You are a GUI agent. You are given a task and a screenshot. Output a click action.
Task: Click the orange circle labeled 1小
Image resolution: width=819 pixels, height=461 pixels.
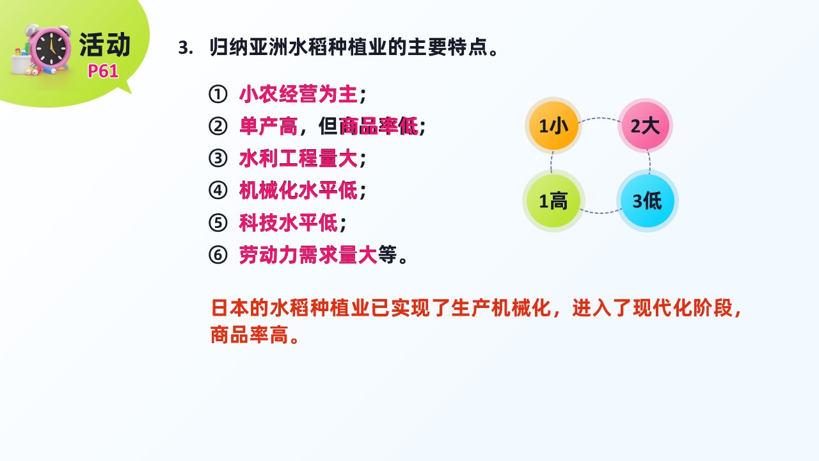coord(553,125)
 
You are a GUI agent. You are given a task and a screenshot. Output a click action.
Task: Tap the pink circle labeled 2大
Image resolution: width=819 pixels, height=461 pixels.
coord(646,125)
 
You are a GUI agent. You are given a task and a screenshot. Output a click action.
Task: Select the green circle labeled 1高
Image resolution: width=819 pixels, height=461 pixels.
coord(553,201)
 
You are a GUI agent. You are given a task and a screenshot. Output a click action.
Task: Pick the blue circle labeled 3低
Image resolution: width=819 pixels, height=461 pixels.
coord(648,200)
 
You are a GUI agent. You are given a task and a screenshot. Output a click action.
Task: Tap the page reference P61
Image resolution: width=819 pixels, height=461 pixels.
coord(103,71)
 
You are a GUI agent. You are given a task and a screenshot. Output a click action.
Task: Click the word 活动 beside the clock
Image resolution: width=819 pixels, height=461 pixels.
coord(105,45)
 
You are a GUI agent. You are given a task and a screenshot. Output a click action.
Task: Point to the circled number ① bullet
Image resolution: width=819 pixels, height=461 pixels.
coord(218,94)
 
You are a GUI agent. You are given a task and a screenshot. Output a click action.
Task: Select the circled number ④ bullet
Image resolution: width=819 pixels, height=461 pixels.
coord(218,191)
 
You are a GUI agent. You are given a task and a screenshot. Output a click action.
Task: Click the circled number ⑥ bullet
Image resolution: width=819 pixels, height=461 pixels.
coord(218,255)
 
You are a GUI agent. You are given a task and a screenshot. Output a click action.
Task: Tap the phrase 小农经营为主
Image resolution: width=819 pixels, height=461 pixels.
coord(298,94)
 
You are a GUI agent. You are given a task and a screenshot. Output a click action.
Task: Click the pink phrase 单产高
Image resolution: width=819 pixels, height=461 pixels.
coord(268,126)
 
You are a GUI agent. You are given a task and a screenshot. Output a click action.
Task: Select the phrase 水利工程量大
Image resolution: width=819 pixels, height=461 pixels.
coord(298,158)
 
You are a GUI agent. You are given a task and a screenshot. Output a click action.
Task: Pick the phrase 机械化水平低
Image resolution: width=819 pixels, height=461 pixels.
coord(298,191)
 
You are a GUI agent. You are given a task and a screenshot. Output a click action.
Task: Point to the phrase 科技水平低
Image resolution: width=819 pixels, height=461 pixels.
coord(289,223)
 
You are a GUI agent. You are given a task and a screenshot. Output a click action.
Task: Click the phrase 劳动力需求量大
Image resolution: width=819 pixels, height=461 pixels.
coord(308,255)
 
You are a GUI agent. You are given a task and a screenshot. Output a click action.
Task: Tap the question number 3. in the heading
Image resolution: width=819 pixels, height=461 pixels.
coord(186,48)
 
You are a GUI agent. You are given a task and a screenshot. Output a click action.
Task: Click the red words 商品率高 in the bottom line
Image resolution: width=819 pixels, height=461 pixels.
coord(250,334)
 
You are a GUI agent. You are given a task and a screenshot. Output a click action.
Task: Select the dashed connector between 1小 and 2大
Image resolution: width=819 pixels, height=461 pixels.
coord(600,118)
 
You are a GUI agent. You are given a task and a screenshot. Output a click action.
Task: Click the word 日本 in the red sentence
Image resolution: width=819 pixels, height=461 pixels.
coord(231,308)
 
